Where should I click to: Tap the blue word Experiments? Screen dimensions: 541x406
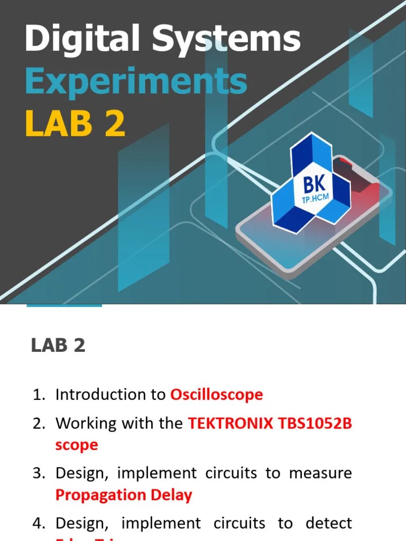(x=136, y=81)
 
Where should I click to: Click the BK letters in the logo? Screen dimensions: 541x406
(x=315, y=185)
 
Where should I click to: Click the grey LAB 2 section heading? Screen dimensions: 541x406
(x=58, y=346)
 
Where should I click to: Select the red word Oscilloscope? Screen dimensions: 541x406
(x=216, y=395)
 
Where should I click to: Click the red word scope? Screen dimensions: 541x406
(x=77, y=445)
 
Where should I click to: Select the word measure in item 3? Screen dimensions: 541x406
(x=320, y=473)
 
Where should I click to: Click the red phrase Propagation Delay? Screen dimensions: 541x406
(x=124, y=495)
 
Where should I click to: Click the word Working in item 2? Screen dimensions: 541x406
(x=80, y=423)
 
